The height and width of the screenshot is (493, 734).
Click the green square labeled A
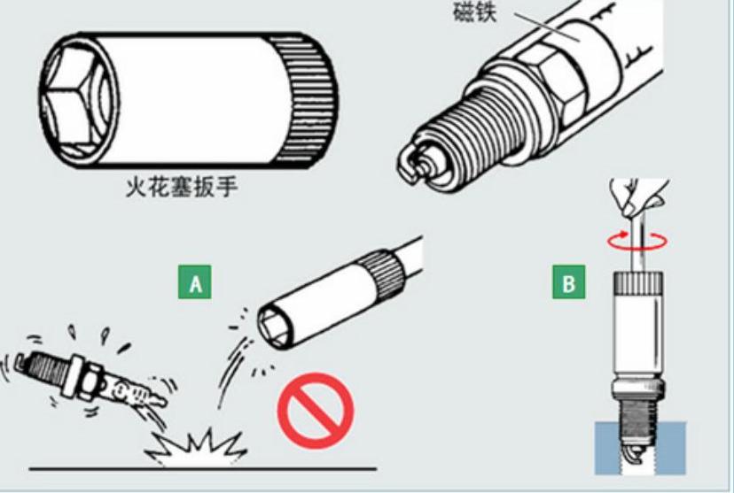click(x=195, y=281)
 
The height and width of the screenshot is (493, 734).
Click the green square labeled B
click(x=569, y=281)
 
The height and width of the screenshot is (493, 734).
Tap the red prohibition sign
click(x=316, y=411)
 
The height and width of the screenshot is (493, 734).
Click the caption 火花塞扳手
click(x=182, y=188)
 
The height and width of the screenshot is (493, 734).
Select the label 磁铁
click(x=474, y=12)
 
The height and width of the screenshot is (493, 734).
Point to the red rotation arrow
click(x=637, y=241)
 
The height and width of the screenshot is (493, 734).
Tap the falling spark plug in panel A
click(x=89, y=379)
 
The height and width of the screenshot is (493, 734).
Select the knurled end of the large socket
click(x=305, y=99)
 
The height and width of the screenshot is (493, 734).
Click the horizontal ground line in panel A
click(x=203, y=467)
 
